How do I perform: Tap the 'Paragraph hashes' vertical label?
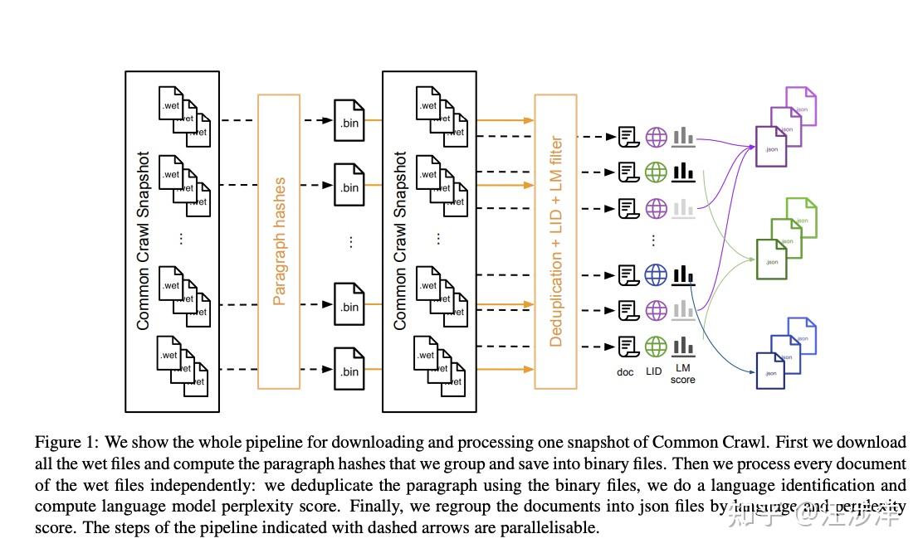tap(279, 241)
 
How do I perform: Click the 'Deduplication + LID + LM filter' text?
tap(556, 241)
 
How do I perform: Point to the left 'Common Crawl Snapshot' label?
tap(144, 241)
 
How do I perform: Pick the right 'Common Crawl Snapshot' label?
tap(400, 241)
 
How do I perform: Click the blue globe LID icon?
tap(656, 274)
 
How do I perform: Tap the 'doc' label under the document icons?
tap(625, 372)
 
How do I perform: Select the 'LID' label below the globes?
tap(654, 371)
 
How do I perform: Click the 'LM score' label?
tap(682, 374)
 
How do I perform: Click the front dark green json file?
tap(771, 259)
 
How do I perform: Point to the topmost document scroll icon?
tap(628, 137)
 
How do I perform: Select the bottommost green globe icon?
tap(656, 346)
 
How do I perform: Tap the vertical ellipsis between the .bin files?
tap(350, 241)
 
